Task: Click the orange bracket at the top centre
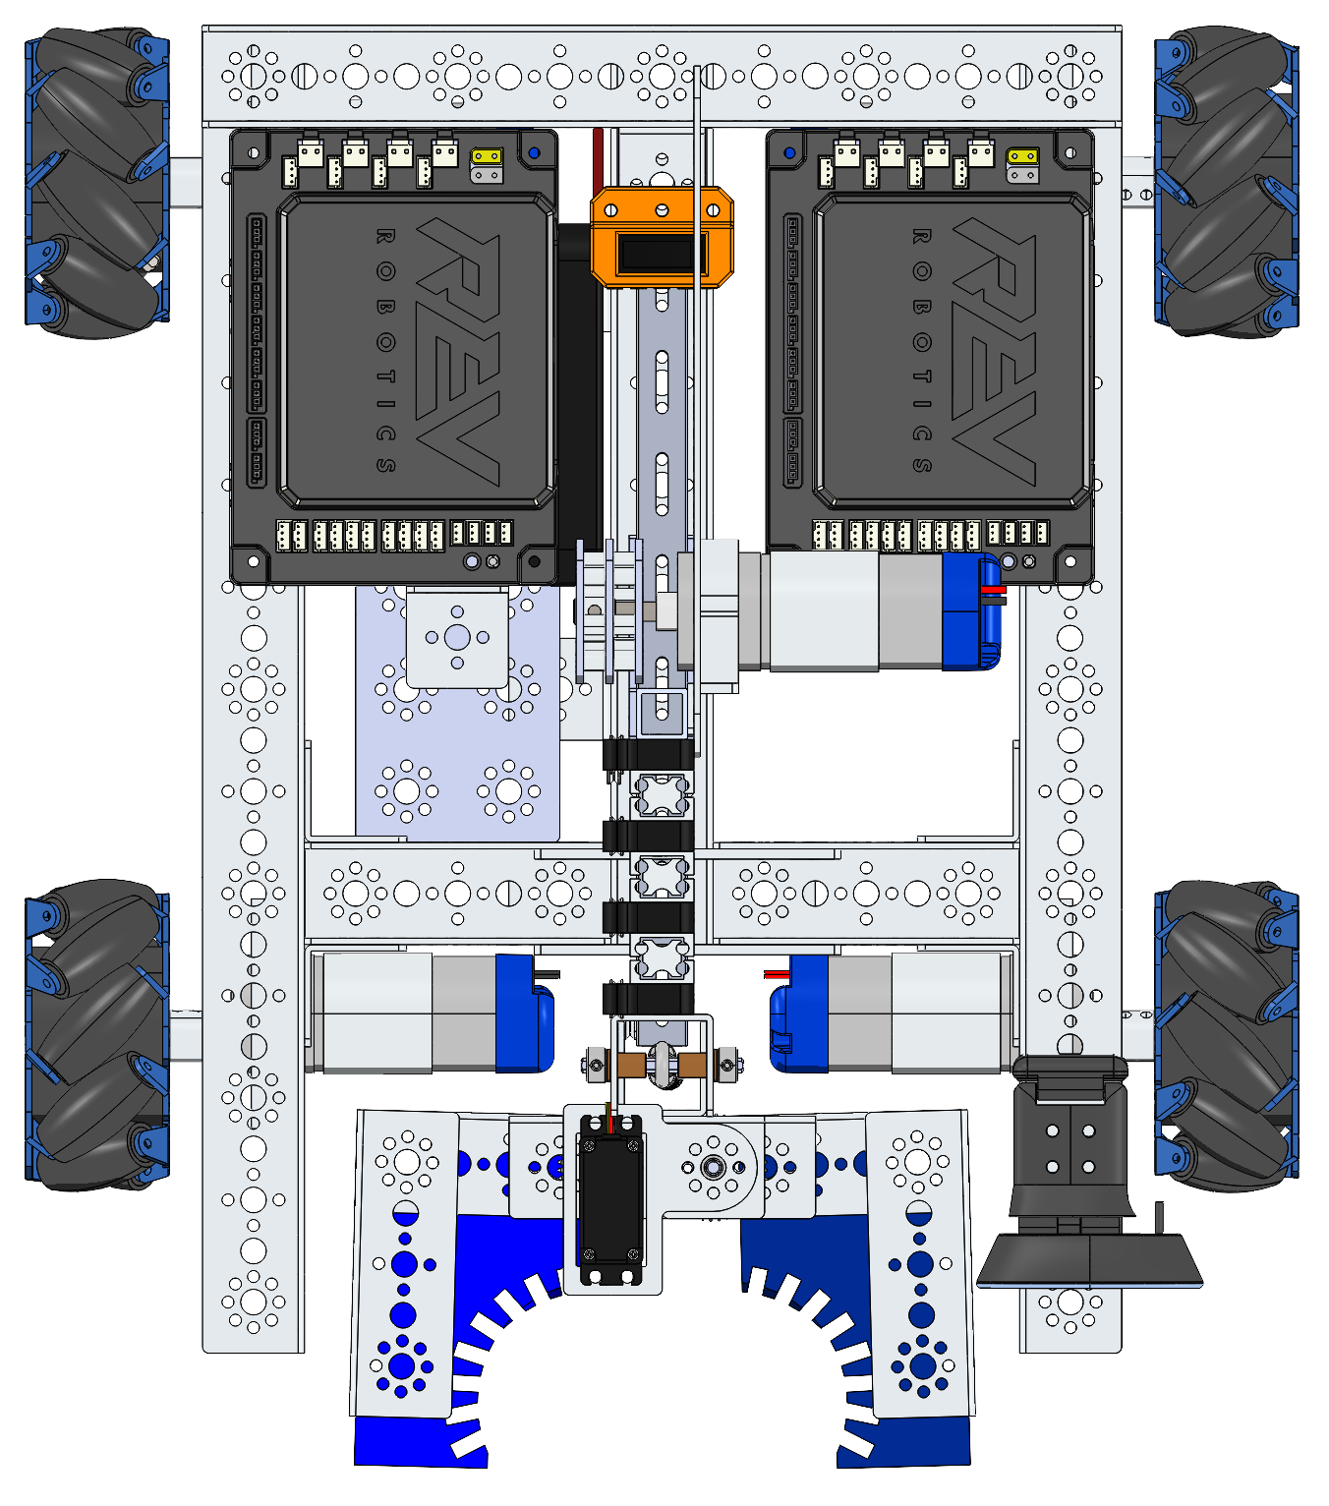662,237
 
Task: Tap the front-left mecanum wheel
97,183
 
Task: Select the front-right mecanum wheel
1227,182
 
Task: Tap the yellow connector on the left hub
487,157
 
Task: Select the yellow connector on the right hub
1022,157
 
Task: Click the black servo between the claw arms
610,1199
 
